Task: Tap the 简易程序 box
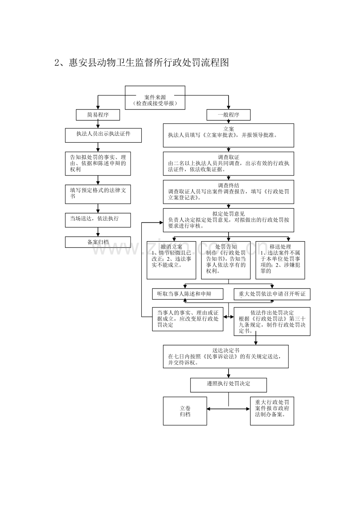(98, 115)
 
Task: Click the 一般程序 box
(229, 115)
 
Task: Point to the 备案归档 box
(98, 242)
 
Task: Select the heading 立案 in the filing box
(229, 129)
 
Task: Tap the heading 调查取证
(229, 157)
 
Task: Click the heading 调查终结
(229, 185)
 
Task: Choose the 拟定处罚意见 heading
(229, 214)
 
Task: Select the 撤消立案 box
(168, 260)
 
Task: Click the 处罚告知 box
(226, 260)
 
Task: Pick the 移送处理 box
(280, 260)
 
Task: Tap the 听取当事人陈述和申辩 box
(187, 294)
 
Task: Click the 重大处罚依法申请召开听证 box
(272, 294)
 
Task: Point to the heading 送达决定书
(226, 351)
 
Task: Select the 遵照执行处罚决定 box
(229, 384)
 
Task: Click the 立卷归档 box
(185, 411)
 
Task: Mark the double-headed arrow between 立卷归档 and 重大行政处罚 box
(229, 409)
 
